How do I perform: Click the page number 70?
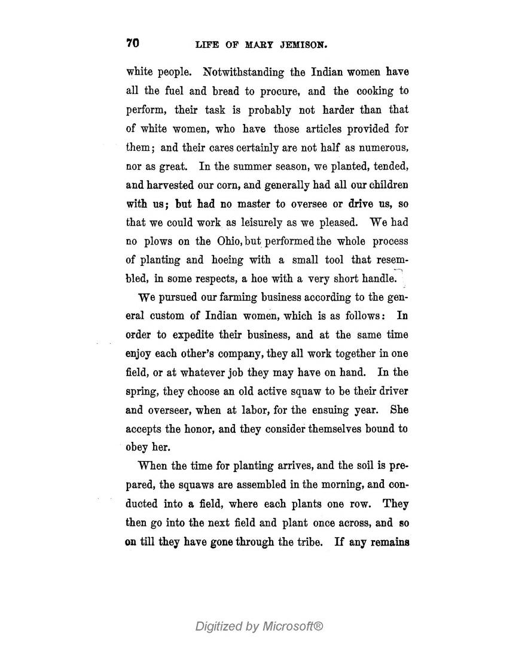pyautogui.click(x=132, y=43)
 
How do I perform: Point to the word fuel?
pyautogui.click(x=172, y=91)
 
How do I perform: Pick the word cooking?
pyautogui.click(x=374, y=91)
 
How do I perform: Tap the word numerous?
pyautogui.click(x=383, y=147)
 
